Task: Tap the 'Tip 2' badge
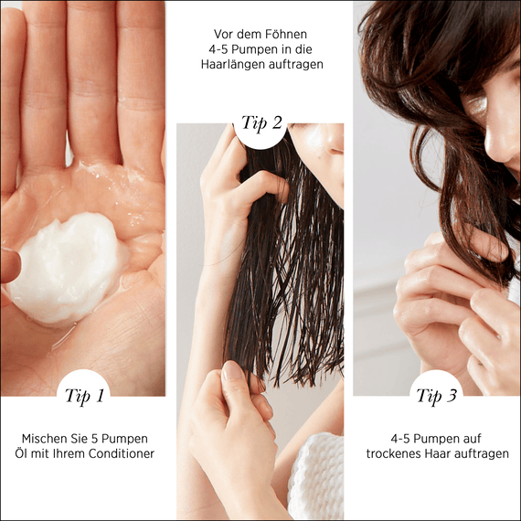tap(260, 124)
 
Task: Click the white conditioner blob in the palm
tap(64, 268)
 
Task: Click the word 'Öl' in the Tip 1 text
tap(21, 453)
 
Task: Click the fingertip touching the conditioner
tap(10, 265)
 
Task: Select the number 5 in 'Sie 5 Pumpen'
tap(95, 439)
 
